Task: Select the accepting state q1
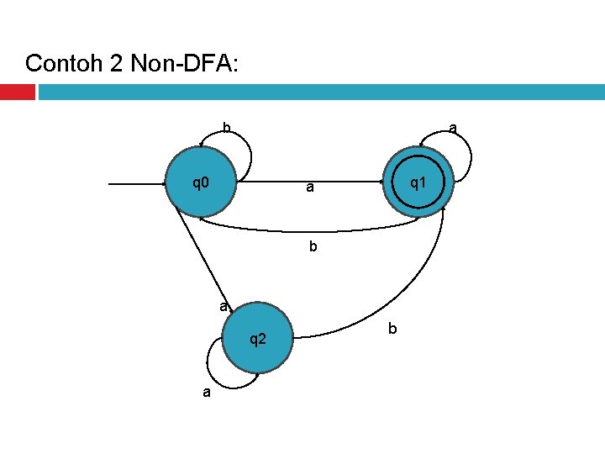418,182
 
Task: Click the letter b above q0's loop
226,128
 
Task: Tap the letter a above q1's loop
452,128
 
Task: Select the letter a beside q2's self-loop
206,392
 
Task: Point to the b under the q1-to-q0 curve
313,248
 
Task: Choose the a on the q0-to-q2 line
223,307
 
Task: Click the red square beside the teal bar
17,92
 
